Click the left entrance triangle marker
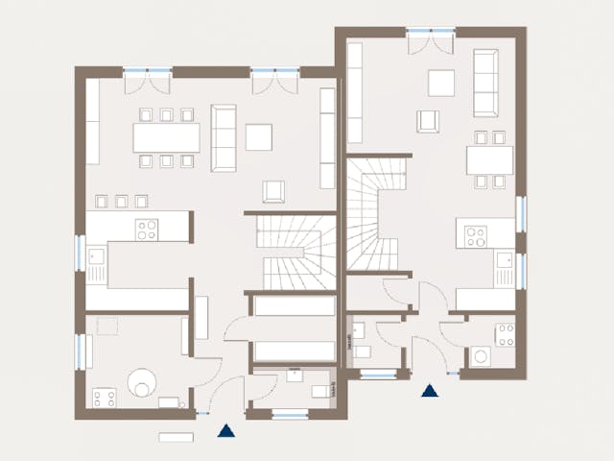(225, 431)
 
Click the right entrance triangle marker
(429, 390)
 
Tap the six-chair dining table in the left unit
(166, 138)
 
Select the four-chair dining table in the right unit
(489, 159)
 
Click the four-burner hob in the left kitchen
(147, 229)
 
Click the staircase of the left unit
(298, 253)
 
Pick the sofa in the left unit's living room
(224, 136)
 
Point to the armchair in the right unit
(428, 121)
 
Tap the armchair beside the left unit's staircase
(274, 192)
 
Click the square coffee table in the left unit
(258, 136)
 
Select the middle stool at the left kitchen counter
(121, 201)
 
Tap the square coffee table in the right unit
(441, 83)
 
